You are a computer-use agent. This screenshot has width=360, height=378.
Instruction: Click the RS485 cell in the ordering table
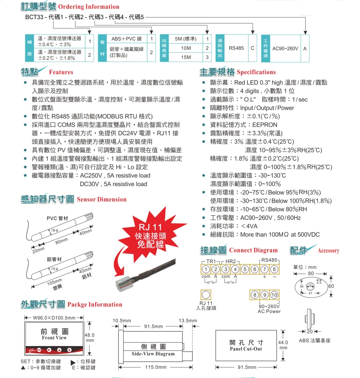[236, 48]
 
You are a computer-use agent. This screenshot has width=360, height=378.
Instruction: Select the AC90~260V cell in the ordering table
[285, 48]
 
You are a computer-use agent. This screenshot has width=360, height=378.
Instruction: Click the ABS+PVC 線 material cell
[126, 39]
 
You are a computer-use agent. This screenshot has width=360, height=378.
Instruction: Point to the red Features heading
[61, 72]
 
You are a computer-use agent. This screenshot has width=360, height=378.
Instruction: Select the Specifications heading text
[256, 72]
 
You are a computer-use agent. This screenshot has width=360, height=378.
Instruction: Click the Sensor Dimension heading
[101, 199]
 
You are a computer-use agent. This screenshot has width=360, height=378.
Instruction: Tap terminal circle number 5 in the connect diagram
[245, 270]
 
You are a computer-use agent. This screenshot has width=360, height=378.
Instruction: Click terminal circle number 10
[274, 295]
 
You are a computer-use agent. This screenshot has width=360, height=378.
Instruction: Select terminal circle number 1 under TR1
[206, 270]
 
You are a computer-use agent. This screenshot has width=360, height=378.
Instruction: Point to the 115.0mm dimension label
[155, 367]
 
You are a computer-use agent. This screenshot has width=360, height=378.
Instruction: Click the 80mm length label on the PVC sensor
[61, 241]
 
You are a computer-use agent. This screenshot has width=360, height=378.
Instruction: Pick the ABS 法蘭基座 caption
[314, 340]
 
